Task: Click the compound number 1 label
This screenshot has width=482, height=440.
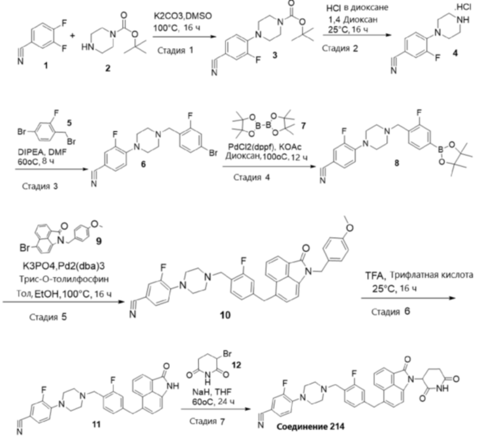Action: [46, 65]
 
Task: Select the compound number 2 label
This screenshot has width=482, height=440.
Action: [108, 68]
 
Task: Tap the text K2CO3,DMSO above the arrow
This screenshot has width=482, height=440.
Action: [183, 16]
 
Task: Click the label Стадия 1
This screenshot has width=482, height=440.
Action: [175, 50]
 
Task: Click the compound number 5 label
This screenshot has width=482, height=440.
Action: [69, 123]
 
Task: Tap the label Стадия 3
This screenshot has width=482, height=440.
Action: [40, 186]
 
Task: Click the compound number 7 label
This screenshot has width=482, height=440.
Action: [303, 125]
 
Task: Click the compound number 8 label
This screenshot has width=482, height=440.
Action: [397, 163]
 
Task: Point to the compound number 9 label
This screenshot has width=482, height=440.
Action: [98, 241]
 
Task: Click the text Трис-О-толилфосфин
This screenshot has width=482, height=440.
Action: [69, 280]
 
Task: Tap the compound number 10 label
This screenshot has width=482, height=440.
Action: [225, 315]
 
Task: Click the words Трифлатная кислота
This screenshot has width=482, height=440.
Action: [431, 275]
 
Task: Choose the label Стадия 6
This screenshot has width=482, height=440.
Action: [391, 312]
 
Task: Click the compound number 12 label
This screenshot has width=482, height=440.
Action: [237, 365]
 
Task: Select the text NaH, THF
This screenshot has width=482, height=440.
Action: [212, 392]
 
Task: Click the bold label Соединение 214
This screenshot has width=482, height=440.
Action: [310, 426]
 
